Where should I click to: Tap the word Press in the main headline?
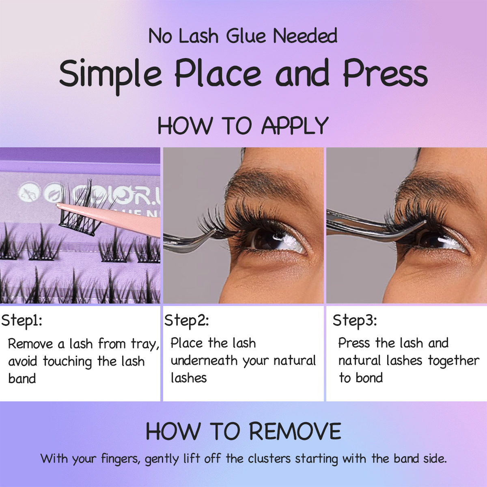385,73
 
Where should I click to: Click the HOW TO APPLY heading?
243,125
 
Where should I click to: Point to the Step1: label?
22,321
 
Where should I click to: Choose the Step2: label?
186,321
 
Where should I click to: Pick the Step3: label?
355,321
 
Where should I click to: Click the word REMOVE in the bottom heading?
295,431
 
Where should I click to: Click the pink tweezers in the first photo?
122,217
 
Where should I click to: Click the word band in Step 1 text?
22,379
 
